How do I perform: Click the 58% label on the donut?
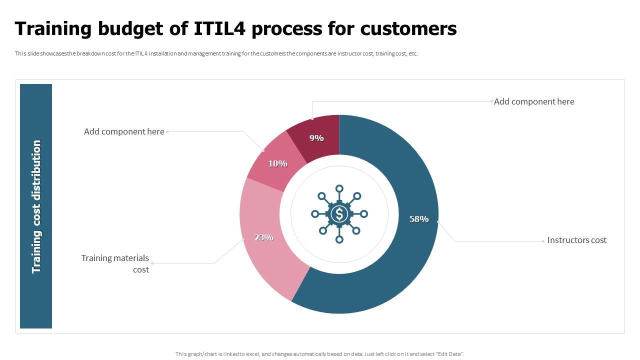418,219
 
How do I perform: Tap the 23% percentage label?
263,237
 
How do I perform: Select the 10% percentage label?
277,163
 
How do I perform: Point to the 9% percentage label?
316,138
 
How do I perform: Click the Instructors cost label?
576,240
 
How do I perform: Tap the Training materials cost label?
115,263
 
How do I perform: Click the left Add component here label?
124,131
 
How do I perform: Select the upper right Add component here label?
534,101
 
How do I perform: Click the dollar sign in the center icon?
339,214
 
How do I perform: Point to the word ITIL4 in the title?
220,29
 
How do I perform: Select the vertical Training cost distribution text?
36,206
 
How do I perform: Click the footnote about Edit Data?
320,354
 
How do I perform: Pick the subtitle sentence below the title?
216,53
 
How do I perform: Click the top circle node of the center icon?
339,188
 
